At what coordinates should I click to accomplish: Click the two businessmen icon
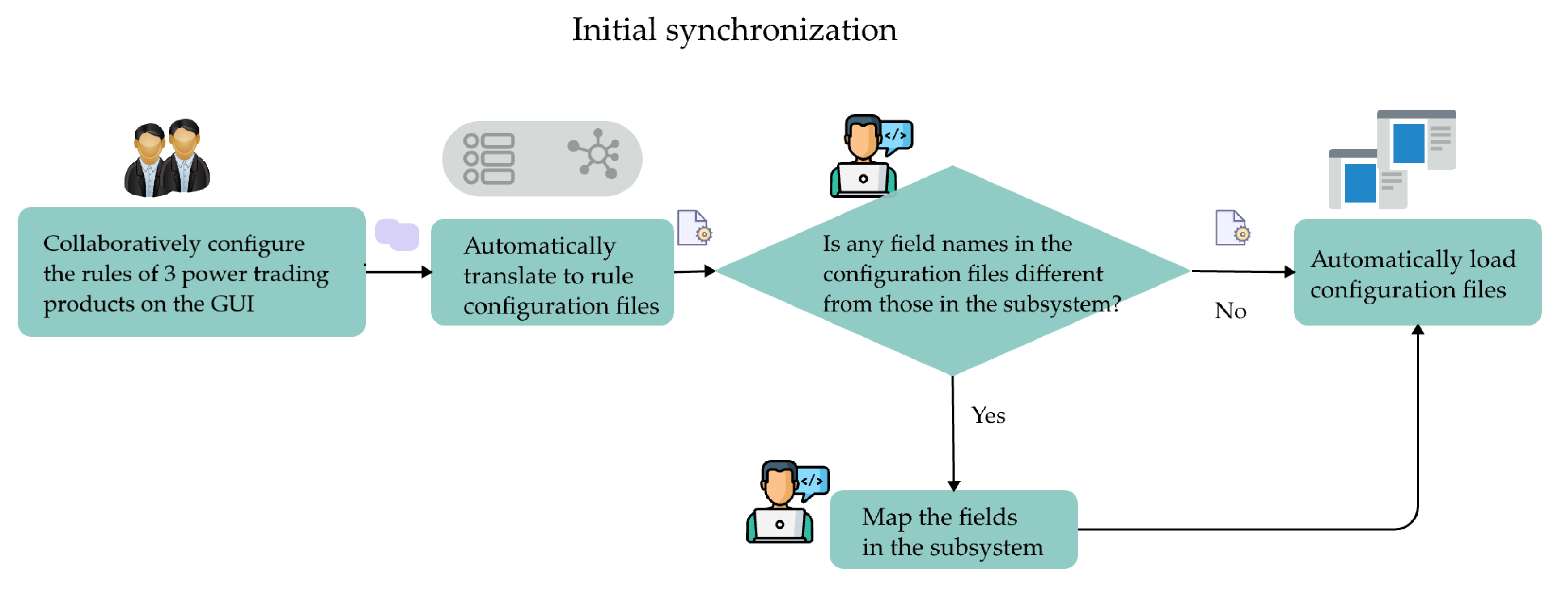[167, 159]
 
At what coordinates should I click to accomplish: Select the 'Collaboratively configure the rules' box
[191, 272]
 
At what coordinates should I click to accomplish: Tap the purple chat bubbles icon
[397, 235]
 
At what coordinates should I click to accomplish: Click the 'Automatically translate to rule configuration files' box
[552, 272]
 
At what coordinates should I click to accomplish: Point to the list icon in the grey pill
[489, 159]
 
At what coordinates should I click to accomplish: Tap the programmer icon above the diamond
[867, 156]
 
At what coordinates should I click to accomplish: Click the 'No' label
[1230, 311]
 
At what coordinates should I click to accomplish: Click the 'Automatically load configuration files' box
[1417, 272]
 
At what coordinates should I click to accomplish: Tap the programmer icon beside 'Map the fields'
[785, 502]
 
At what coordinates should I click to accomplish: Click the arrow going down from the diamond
[953, 437]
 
